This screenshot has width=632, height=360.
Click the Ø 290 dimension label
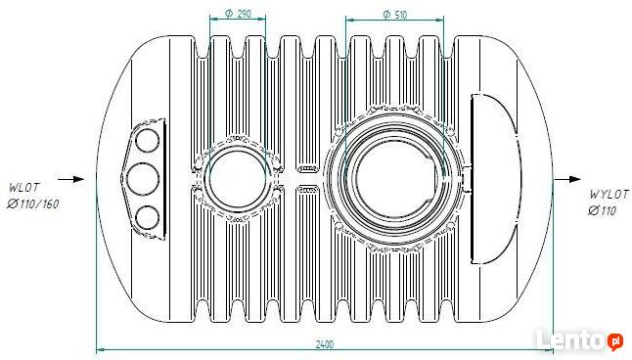pos(238,14)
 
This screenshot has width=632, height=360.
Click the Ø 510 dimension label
pos(394,15)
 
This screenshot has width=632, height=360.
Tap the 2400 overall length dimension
pos(325,344)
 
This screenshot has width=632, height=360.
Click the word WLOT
pos(24,188)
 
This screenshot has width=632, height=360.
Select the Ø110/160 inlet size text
pos(33,204)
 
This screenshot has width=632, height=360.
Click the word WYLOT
pos(609,195)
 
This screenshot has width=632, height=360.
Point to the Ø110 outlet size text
pos(603,210)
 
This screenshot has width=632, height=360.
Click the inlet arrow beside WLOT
pos(71,179)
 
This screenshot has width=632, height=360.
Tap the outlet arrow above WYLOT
pos(567,179)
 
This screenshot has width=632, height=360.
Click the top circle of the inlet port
pos(147,141)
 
